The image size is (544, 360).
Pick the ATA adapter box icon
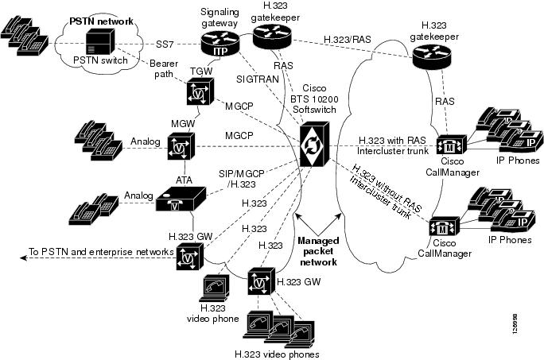click(183, 199)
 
